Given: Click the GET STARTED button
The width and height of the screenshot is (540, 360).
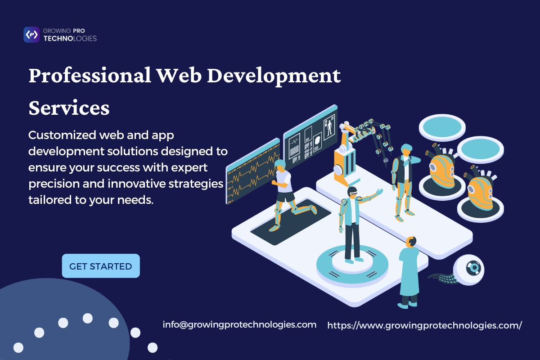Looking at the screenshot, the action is [101, 265].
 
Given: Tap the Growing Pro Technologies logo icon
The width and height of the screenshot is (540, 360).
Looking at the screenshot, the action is [31, 35].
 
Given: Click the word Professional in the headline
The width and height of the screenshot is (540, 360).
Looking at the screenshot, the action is [90, 76].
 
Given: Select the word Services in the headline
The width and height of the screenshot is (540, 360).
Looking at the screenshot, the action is [69, 108].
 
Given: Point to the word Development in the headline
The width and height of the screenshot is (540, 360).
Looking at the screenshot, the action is [274, 76].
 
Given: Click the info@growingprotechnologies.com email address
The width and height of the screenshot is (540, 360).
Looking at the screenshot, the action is [239, 325].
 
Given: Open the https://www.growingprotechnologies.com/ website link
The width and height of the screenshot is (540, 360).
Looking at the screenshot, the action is [424, 325].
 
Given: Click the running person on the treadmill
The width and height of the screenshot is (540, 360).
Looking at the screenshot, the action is [289, 193].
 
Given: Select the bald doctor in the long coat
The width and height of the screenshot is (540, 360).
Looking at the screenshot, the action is [409, 272].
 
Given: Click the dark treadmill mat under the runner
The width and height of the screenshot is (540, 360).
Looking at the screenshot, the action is [291, 222].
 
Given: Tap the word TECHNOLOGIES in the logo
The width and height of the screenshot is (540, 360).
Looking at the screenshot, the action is [70, 39].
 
